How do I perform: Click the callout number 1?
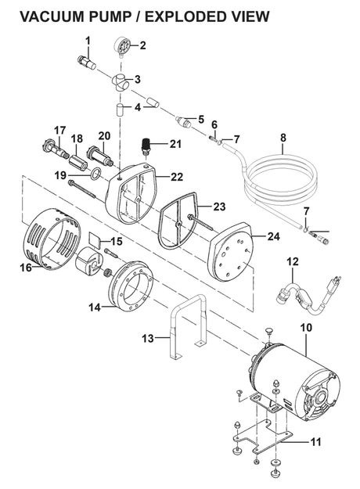click(88, 41)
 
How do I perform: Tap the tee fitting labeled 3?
click(121, 81)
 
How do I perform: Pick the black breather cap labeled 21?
click(144, 146)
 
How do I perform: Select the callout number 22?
click(176, 178)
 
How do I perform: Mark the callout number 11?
click(315, 442)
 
